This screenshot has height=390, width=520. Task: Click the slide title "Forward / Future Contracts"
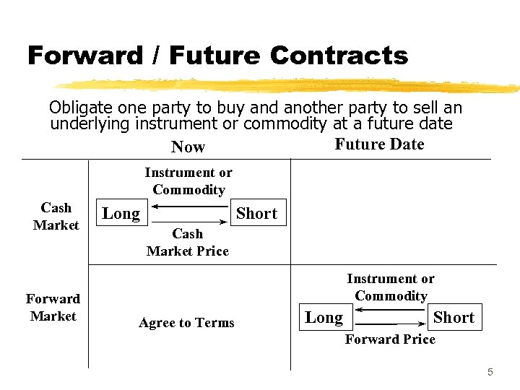(x=217, y=56)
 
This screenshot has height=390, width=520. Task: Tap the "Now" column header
(x=188, y=147)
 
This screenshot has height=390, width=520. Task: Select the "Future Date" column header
(x=379, y=144)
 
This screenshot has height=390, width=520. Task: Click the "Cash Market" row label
(x=56, y=216)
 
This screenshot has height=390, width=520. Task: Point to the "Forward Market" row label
(x=53, y=307)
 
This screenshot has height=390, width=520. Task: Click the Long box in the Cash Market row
(x=121, y=213)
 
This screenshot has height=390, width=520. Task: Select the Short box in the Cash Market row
(x=257, y=213)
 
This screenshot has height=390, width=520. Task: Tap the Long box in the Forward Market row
(x=324, y=317)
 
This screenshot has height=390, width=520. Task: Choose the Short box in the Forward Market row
(x=454, y=317)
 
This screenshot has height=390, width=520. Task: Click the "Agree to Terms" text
(x=186, y=323)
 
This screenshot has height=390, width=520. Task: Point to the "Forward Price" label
(x=390, y=339)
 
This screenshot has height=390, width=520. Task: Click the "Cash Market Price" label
(x=187, y=242)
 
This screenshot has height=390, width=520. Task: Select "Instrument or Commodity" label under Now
(x=188, y=181)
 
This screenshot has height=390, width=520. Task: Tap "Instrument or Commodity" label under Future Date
(x=391, y=287)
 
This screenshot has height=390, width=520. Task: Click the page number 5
(x=490, y=372)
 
